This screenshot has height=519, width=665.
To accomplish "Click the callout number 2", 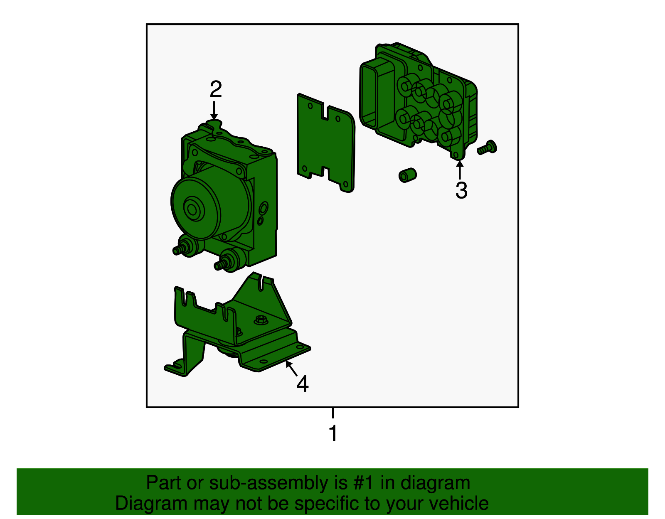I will (216, 90).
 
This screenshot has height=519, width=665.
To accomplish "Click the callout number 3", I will (461, 191).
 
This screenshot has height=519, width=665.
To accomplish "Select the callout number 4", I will (303, 384).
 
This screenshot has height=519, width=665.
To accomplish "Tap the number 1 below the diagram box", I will (333, 433).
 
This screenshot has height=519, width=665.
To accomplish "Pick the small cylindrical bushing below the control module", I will (407, 175).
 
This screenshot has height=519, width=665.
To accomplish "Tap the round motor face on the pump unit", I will (192, 209).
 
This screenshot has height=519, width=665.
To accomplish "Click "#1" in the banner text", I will (364, 483).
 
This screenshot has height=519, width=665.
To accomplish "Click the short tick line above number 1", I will (333, 413).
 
